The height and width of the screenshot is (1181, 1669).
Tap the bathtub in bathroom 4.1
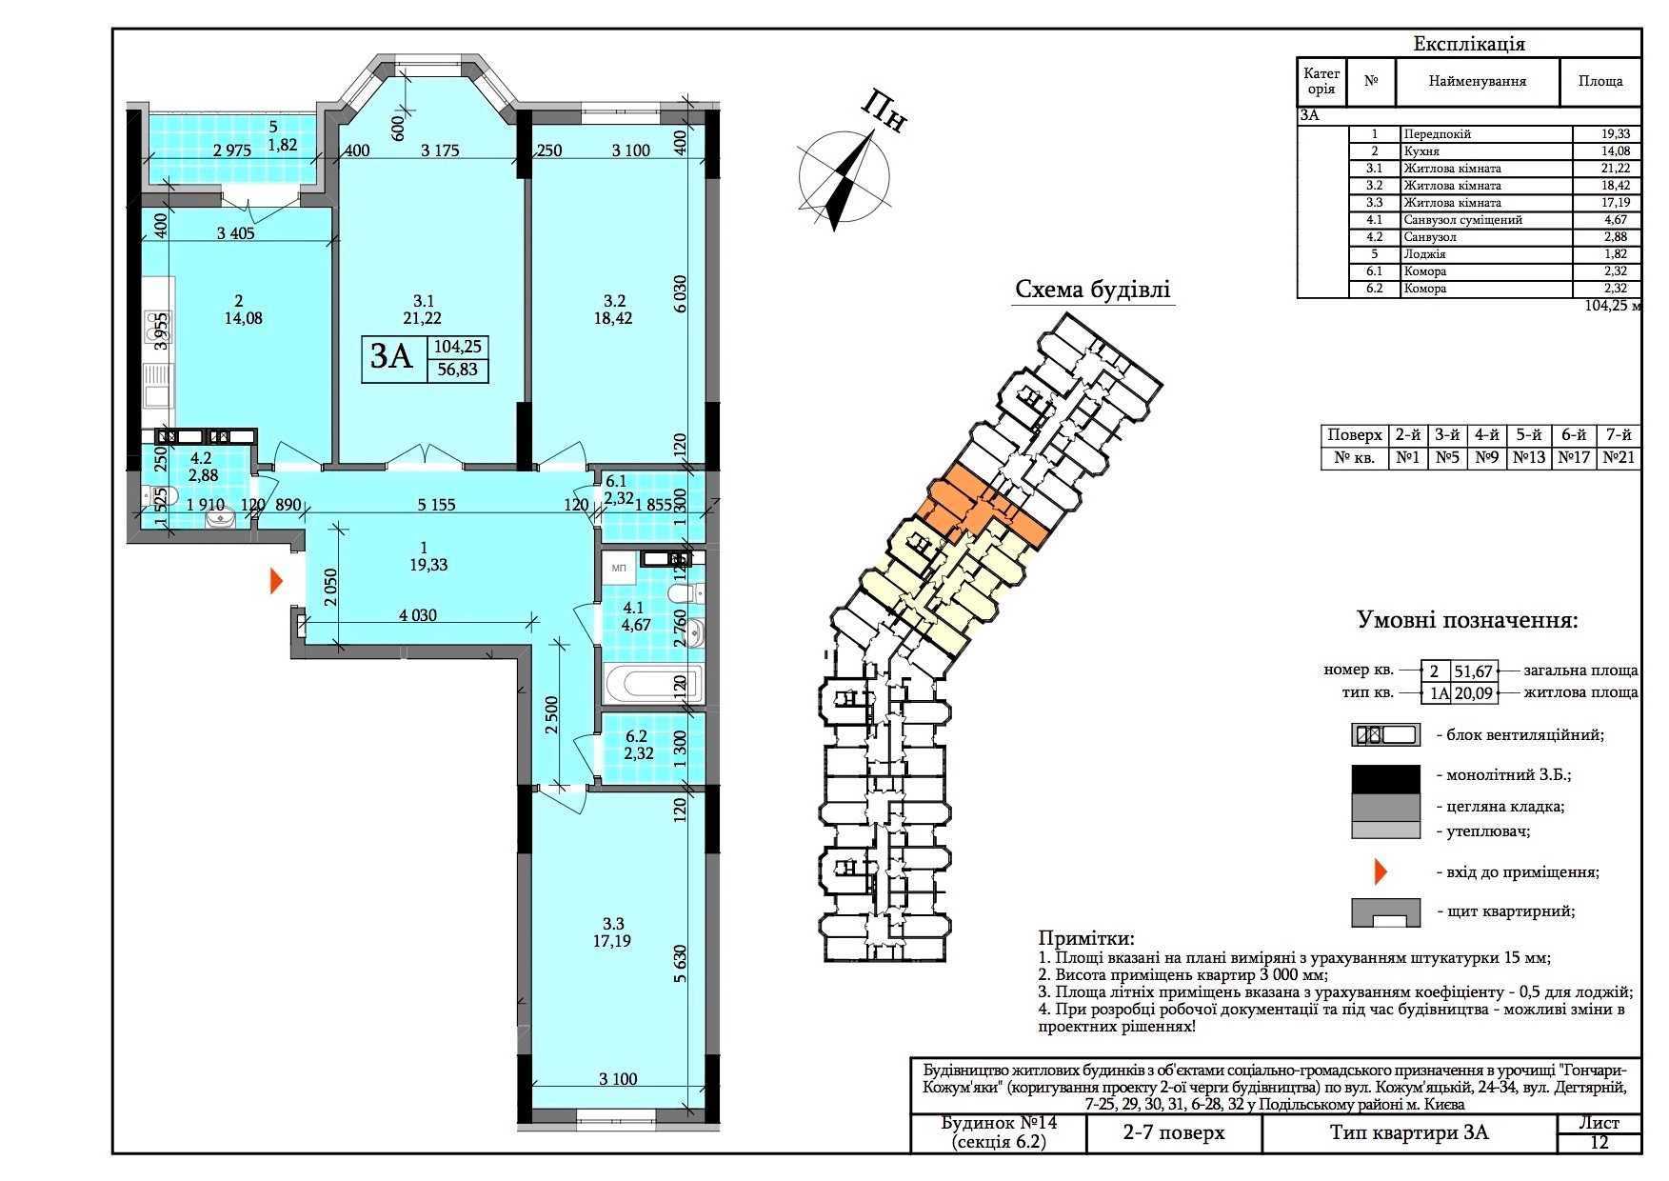[653, 685]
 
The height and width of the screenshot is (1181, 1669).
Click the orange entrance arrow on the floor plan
[277, 581]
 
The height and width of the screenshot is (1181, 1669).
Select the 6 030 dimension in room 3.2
[679, 303]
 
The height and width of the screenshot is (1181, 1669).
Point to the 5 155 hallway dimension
[437, 505]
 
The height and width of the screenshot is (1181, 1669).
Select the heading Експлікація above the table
[1469, 44]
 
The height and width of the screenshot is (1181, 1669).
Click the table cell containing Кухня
[1485, 151]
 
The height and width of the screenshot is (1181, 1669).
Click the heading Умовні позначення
[1467, 621]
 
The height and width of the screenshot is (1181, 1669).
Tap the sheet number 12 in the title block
[1599, 1143]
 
